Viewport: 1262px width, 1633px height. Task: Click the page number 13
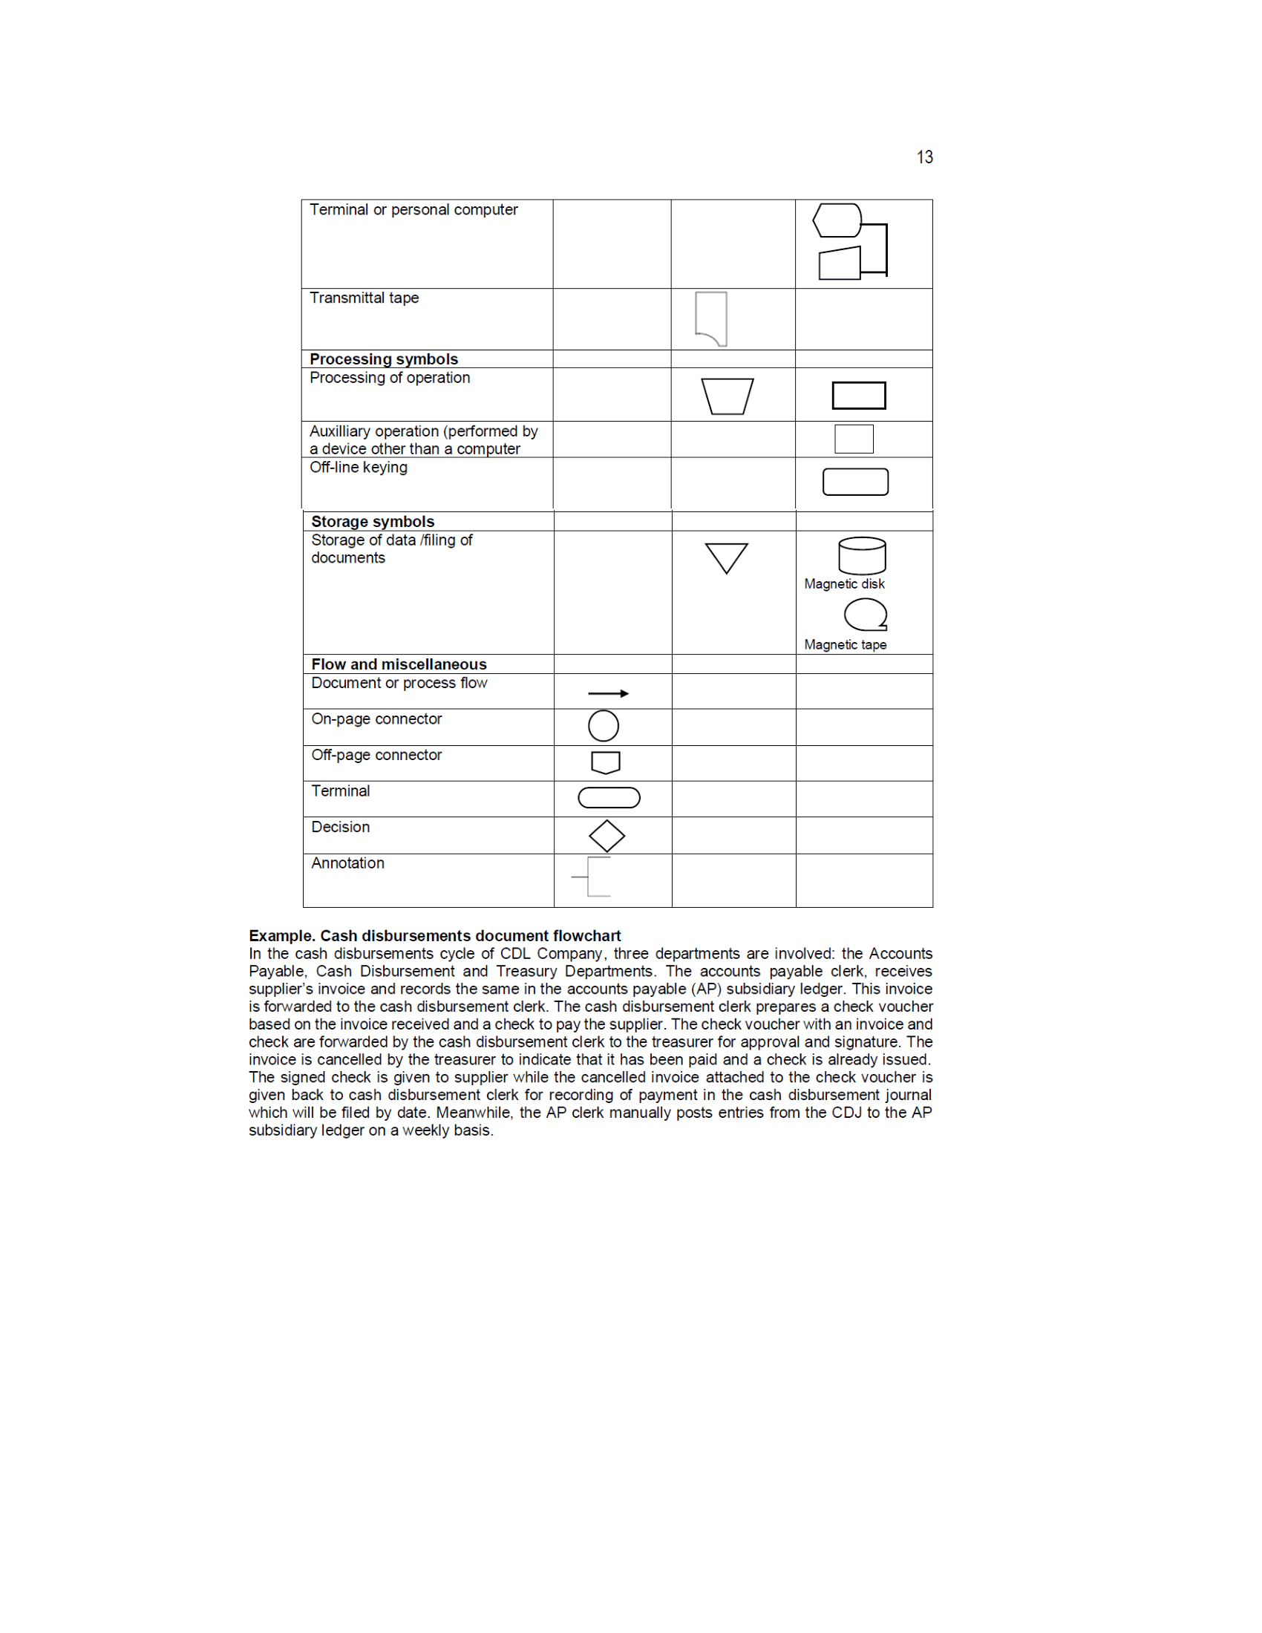(x=924, y=157)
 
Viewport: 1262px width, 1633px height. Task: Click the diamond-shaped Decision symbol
(x=607, y=836)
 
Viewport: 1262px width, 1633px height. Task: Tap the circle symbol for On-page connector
(x=604, y=726)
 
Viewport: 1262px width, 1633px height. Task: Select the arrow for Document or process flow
(x=608, y=694)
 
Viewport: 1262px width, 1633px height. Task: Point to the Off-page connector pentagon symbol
(x=606, y=762)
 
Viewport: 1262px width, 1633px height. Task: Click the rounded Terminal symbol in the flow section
(x=609, y=798)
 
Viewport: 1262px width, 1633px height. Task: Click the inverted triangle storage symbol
(x=726, y=557)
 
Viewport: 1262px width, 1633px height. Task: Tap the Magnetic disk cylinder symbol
(x=862, y=555)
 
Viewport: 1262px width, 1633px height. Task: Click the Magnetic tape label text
(x=845, y=644)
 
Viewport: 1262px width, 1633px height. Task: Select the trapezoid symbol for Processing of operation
(x=727, y=396)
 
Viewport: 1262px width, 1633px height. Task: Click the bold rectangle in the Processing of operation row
(x=858, y=396)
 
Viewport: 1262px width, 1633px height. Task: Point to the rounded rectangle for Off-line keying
(x=855, y=482)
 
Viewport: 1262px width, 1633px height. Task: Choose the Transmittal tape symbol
(x=712, y=318)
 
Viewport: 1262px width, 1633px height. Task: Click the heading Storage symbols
(x=373, y=522)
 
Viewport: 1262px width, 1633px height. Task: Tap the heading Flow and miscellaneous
(x=399, y=665)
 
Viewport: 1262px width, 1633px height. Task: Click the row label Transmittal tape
(x=364, y=298)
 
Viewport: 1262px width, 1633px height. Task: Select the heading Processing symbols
(x=384, y=360)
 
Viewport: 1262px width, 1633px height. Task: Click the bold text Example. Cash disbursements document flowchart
(x=434, y=936)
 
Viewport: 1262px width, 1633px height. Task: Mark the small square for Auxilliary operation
(x=854, y=439)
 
